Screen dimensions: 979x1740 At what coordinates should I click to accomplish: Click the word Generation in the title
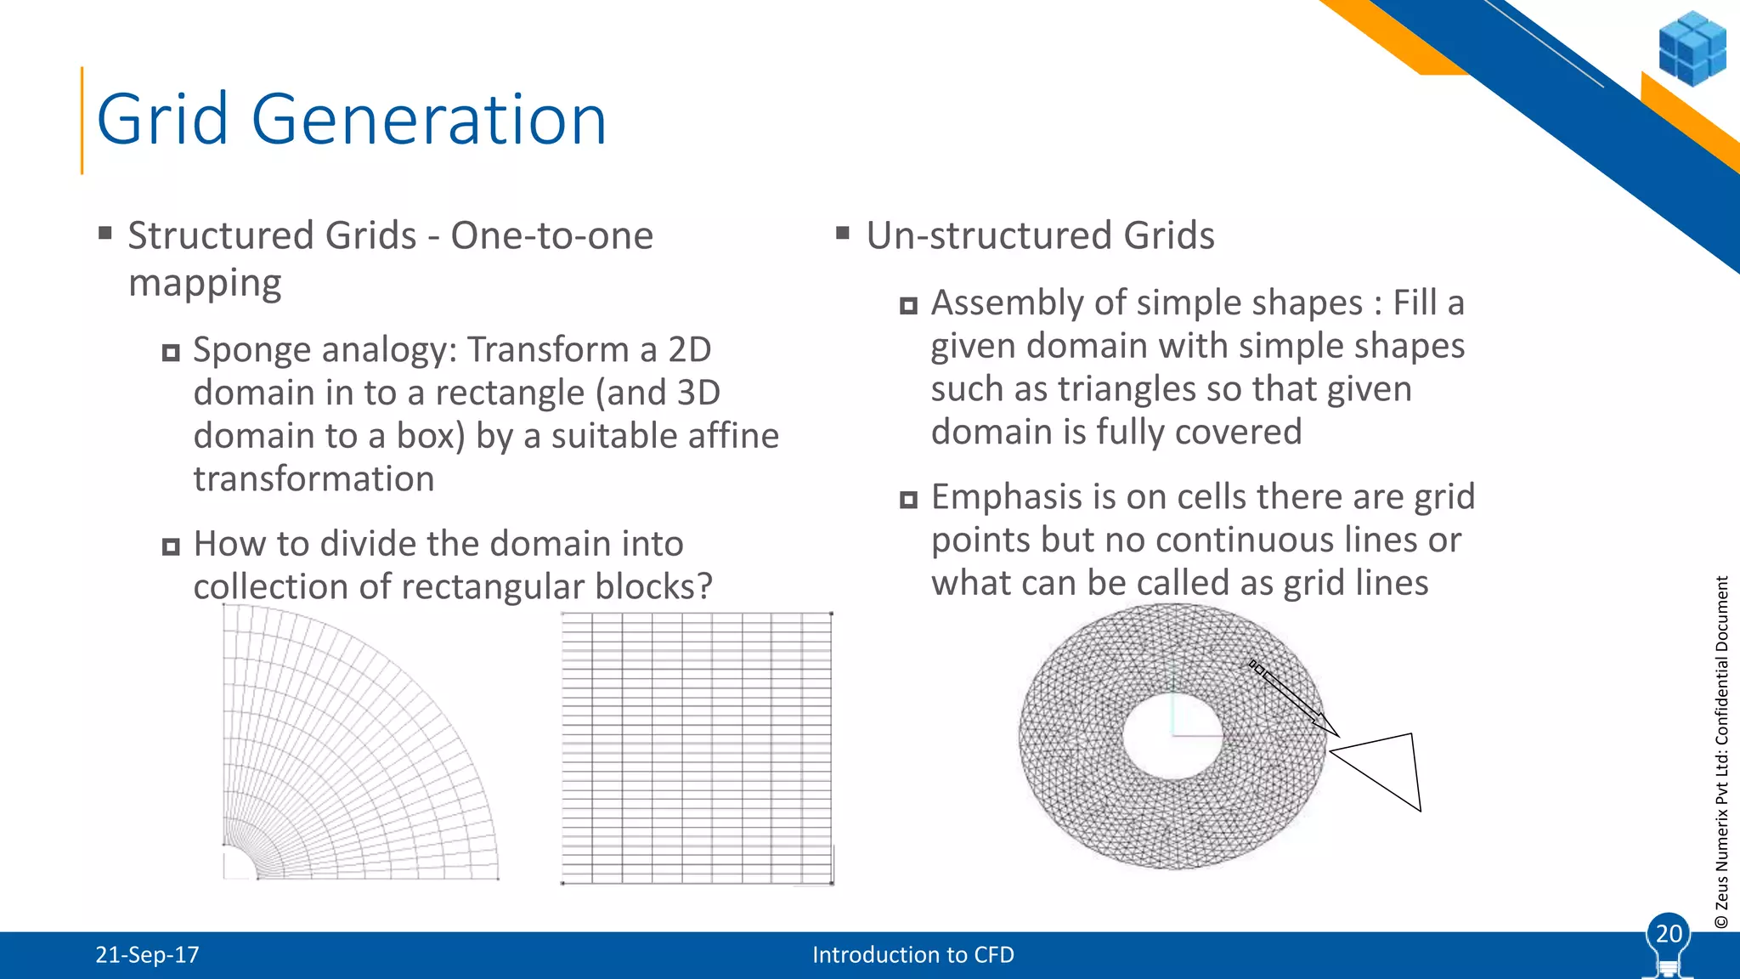pyautogui.click(x=429, y=120)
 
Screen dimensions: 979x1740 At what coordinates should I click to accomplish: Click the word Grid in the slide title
pyautogui.click(x=162, y=120)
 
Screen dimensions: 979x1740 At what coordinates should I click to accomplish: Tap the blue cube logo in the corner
pyautogui.click(x=1692, y=48)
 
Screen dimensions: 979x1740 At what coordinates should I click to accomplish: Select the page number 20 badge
pyautogui.click(x=1668, y=934)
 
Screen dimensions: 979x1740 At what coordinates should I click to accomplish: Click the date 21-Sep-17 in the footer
pyautogui.click(x=147, y=955)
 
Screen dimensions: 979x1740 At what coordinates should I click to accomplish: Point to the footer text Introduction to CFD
pyautogui.click(x=912, y=955)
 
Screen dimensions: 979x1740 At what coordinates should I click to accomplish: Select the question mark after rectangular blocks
pyautogui.click(x=703, y=586)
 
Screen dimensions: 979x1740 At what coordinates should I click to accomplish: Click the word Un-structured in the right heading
pyautogui.click(x=988, y=235)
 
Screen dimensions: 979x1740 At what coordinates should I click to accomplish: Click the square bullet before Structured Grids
pyautogui.click(x=105, y=233)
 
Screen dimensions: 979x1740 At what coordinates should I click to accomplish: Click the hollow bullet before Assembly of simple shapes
pyautogui.click(x=908, y=305)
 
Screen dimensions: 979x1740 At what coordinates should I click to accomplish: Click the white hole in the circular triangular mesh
pyautogui.click(x=1172, y=736)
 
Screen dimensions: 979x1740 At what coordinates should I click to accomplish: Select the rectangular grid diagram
pyautogui.click(x=697, y=748)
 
